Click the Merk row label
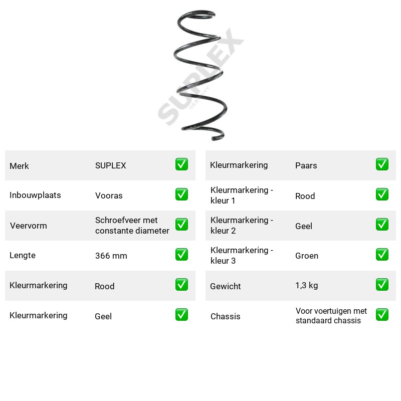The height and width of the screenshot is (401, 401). tap(19, 166)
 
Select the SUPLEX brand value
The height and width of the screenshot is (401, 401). tap(110, 165)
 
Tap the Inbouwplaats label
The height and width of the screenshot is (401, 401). tap(35, 195)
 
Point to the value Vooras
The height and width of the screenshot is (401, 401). tap(109, 195)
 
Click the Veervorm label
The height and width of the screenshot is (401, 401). tap(29, 226)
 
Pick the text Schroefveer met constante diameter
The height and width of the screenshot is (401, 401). tap(132, 225)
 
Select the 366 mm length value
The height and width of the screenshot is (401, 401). tap(111, 256)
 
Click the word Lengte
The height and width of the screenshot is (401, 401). tap(23, 255)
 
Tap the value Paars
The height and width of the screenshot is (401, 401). tap(306, 165)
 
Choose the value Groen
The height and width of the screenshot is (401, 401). tap(307, 256)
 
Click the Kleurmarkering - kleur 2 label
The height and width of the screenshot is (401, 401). tap(242, 225)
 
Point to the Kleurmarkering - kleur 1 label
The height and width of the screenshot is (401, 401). tap(242, 195)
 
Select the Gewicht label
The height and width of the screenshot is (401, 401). tap(225, 286)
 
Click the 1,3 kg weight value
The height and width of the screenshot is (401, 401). tap(306, 285)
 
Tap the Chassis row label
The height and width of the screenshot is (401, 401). tap(225, 316)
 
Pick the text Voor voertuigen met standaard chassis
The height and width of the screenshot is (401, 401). tap(331, 316)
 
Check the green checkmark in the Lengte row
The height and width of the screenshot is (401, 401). tap(181, 255)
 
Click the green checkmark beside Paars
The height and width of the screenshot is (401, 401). tap(382, 164)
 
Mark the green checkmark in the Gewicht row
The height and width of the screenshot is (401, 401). tap(382, 285)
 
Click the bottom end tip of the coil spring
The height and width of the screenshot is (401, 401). tap(213, 139)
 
